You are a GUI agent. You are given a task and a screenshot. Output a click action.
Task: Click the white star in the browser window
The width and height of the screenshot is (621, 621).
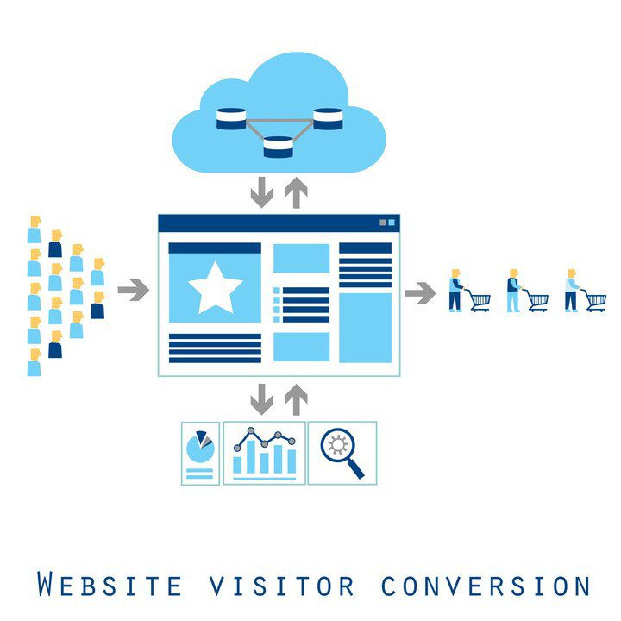click(x=215, y=288)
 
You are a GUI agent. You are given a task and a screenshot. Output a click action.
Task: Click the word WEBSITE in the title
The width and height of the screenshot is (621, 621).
click(x=110, y=585)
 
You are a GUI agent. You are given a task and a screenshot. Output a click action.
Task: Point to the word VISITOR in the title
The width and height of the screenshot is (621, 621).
click(x=281, y=586)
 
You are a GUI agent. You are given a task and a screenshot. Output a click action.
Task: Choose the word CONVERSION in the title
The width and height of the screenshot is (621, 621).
click(x=486, y=586)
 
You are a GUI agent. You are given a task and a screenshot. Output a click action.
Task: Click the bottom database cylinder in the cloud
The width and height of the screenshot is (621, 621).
click(x=279, y=147)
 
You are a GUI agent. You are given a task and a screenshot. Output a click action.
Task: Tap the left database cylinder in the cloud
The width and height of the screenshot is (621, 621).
click(x=231, y=118)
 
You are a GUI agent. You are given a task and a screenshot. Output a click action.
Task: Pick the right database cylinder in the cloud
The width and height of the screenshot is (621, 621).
click(x=328, y=118)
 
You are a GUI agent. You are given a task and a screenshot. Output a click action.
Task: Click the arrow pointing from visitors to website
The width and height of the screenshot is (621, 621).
click(x=134, y=290)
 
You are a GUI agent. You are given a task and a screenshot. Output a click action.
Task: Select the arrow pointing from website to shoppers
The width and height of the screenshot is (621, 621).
click(x=420, y=293)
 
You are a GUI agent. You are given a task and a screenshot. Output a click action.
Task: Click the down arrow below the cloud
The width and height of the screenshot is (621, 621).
click(x=262, y=192)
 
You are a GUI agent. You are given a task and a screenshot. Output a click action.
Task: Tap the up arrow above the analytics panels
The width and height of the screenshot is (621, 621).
click(x=296, y=399)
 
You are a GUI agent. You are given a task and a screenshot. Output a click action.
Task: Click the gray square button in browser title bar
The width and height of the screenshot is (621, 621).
click(x=383, y=223)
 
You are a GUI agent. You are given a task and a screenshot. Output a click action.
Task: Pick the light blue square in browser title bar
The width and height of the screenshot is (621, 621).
click(x=392, y=223)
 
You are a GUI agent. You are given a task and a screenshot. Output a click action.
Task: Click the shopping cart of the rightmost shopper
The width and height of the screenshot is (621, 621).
click(x=595, y=301)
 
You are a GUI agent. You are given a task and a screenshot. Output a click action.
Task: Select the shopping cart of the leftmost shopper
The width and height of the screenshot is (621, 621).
click(x=479, y=301)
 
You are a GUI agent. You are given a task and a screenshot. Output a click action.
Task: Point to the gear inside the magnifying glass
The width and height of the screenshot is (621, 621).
click(x=337, y=444)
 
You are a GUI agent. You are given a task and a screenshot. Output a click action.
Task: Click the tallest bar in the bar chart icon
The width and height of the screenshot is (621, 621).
click(x=251, y=456)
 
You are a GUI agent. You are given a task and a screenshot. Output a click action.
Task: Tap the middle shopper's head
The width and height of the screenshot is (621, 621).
click(x=514, y=273)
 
